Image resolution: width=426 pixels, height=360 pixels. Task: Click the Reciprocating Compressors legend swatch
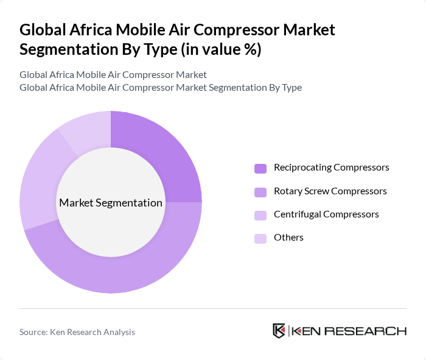click(260, 168)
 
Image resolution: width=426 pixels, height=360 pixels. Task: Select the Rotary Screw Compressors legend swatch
click(260, 192)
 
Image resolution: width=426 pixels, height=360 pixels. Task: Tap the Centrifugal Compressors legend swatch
click(260, 215)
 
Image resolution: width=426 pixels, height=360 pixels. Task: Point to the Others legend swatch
click(260, 238)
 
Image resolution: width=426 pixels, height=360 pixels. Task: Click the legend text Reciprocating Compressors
click(331, 168)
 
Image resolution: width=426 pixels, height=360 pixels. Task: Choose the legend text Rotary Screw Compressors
click(330, 191)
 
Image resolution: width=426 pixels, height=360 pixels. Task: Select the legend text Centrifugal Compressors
click(326, 214)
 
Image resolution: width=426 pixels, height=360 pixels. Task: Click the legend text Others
click(288, 238)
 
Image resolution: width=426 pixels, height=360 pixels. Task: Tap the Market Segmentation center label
click(111, 203)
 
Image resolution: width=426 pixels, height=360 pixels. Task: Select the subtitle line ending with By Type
click(161, 87)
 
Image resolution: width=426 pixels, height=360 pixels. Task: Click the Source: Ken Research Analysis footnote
click(77, 332)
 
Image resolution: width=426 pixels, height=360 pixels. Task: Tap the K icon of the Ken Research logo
click(279, 331)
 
